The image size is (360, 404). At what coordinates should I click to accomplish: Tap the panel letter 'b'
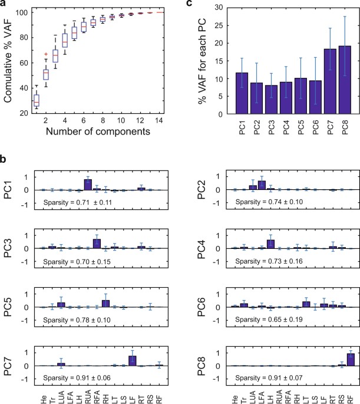(x=4, y=159)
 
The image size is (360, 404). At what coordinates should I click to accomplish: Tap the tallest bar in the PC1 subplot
(x=88, y=185)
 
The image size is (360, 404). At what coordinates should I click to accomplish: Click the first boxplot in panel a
(x=19, y=100)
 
